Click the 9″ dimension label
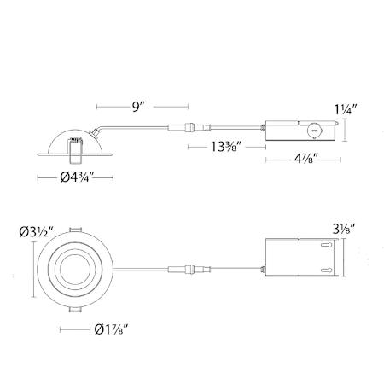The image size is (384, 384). click(138, 107)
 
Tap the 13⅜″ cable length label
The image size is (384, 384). click(226, 147)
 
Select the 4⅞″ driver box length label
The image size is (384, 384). click(305, 159)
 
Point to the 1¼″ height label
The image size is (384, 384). click(346, 109)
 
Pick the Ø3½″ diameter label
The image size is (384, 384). click(37, 232)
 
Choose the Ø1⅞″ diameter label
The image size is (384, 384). click(111, 330)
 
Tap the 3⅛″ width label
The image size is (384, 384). click(344, 230)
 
